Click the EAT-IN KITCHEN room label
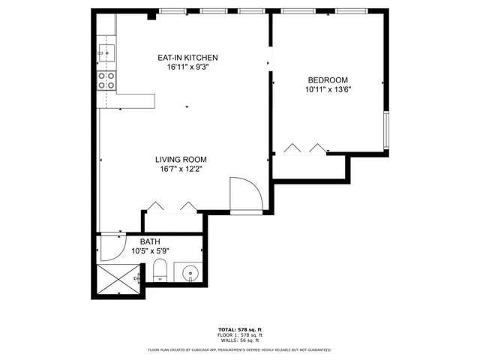187,58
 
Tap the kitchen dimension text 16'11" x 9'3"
187,67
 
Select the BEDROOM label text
328,80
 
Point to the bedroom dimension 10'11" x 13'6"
328,89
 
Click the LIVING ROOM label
181,159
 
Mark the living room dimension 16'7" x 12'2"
181,169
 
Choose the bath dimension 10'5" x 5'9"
150,250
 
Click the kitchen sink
106,52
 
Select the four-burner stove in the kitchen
106,80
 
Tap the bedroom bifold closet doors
306,148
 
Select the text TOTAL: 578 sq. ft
239,330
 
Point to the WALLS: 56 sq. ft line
239,340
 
